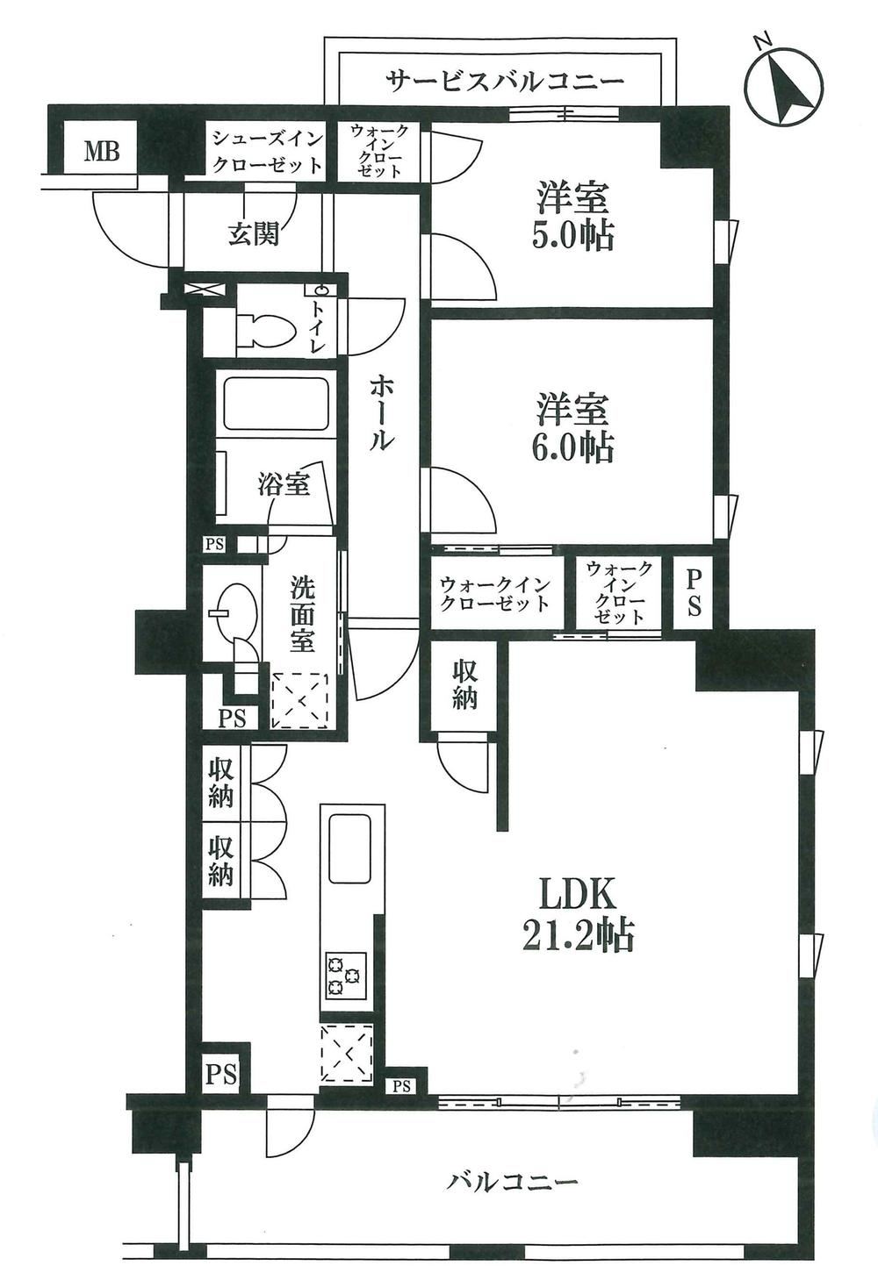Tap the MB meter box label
click(102, 151)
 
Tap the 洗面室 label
click(302, 614)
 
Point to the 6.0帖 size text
click(572, 447)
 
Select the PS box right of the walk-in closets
click(694, 594)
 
